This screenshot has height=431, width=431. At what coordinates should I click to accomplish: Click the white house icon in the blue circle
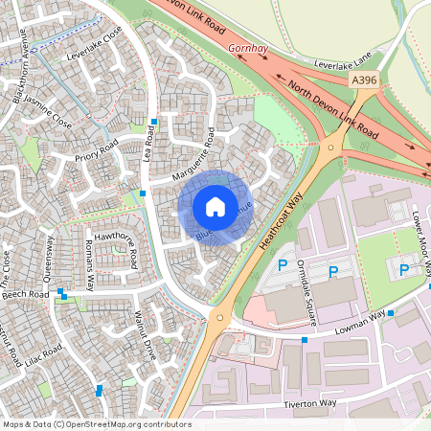pyautogui.click(x=215, y=207)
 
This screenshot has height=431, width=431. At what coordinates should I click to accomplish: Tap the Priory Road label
pyautogui.click(x=96, y=149)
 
